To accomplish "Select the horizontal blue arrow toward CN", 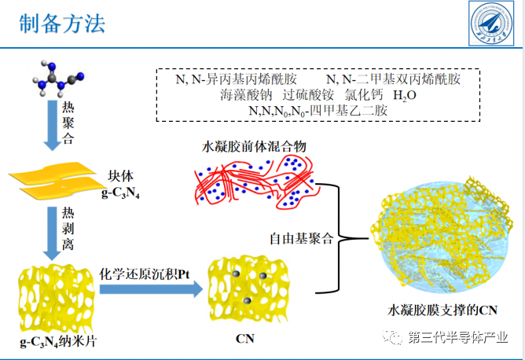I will click(149, 292).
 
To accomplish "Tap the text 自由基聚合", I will click(302, 237).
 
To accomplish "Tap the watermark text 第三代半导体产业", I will click(455, 338).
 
